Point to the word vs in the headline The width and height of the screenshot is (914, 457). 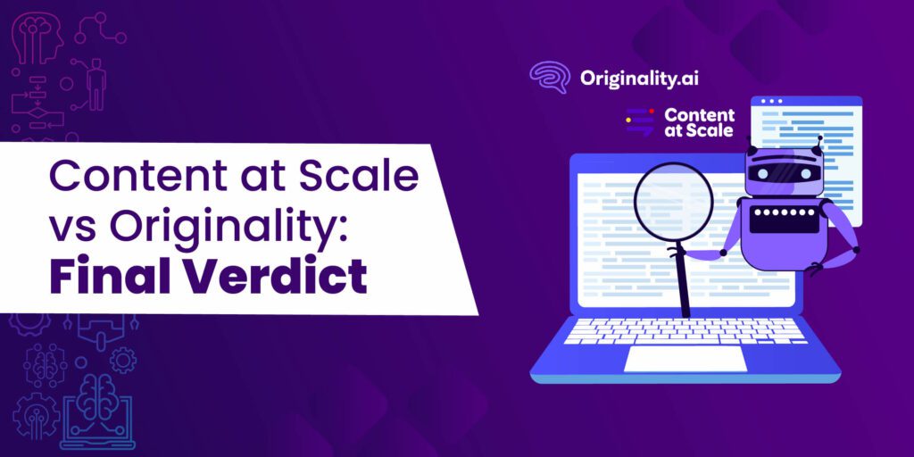coord(70,228)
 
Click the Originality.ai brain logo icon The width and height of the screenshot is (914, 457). coord(549,78)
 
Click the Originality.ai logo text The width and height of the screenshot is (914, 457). coord(639,78)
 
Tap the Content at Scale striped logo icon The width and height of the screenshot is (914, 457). coord(639,121)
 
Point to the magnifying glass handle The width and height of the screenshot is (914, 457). coord(683,281)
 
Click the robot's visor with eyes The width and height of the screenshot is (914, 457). coord(783,173)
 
